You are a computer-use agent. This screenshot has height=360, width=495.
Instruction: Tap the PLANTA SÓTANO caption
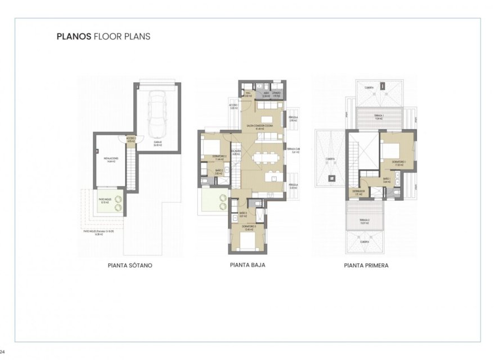click(x=130, y=264)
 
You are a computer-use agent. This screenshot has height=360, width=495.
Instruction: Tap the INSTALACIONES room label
click(x=111, y=159)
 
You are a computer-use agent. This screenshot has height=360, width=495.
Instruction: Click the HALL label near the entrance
click(x=248, y=95)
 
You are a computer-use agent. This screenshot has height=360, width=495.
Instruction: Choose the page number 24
click(x=2, y=351)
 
